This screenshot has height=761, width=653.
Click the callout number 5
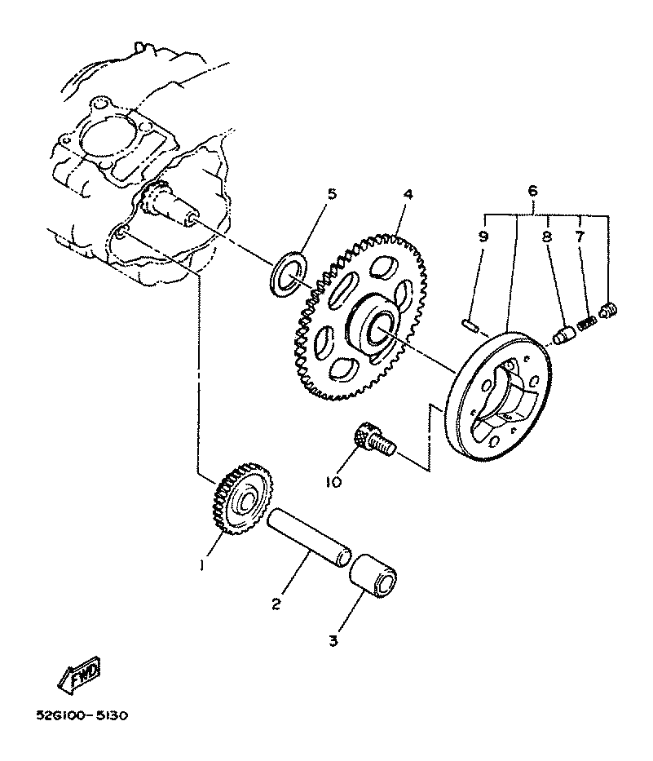point(331,195)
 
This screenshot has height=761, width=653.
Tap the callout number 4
point(408,195)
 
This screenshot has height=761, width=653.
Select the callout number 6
point(532,191)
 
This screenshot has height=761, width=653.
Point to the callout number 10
point(334,481)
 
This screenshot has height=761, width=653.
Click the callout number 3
point(333,640)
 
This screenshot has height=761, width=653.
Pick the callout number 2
point(276,604)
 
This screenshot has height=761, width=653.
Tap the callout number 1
point(202,565)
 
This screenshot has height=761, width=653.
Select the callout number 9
point(483,237)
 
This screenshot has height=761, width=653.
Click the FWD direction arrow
point(79,674)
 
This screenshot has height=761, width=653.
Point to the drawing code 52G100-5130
point(82,716)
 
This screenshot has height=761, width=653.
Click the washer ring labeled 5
point(288,273)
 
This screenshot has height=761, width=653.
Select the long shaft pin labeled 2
point(310,538)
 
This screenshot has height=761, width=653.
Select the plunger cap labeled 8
point(564,335)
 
